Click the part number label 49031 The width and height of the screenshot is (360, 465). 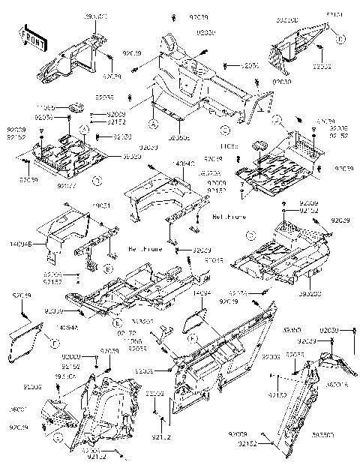(x=102, y=205)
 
